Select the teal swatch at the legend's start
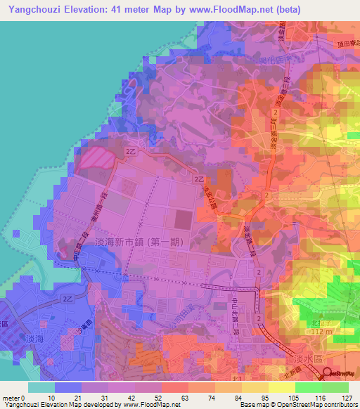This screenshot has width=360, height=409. pyautogui.click(x=41, y=387)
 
